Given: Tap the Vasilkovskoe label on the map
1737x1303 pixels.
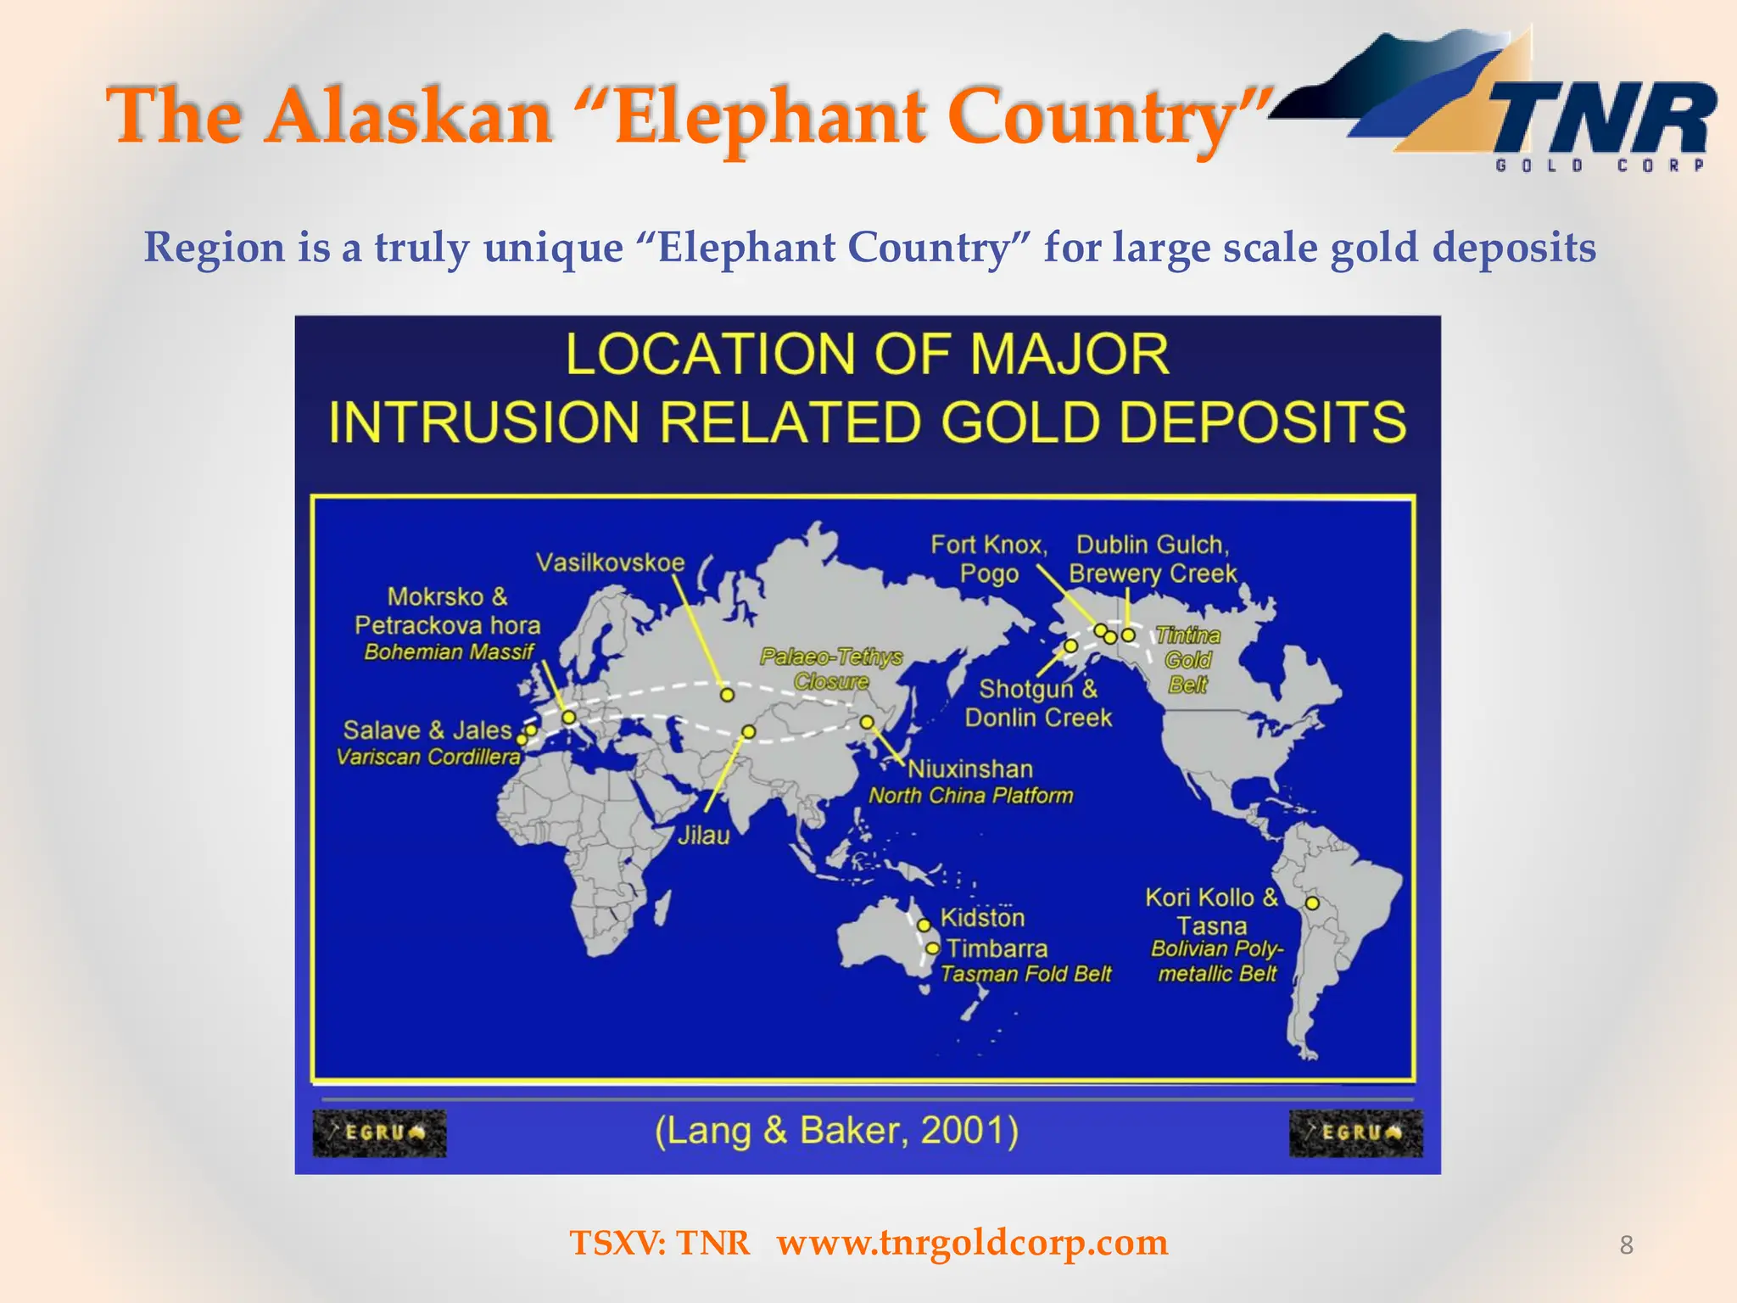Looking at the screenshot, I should tap(610, 562).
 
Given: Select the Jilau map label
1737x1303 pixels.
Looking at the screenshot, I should tap(703, 836).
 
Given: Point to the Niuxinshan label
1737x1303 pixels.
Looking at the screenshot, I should tap(970, 769).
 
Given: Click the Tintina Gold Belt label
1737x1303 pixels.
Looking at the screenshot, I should tap(1187, 660).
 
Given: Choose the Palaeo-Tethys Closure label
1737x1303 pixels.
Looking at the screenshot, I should tap(831, 668).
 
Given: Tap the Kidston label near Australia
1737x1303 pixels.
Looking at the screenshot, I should tap(982, 917).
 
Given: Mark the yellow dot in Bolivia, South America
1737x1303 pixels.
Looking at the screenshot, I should tap(1312, 903).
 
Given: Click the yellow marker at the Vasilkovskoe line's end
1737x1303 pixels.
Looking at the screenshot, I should tap(727, 694).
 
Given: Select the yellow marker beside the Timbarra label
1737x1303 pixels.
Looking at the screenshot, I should tap(932, 948).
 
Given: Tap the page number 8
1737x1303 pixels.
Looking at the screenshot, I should tap(1626, 1244).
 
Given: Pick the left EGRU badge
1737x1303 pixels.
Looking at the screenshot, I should tap(379, 1132).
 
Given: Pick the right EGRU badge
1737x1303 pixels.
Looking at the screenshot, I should tap(1355, 1132).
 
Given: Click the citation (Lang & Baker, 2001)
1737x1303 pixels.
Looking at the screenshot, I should tap(836, 1130).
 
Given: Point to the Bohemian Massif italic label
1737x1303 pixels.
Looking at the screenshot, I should tap(449, 651).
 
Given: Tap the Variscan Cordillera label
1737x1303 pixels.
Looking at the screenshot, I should tap(428, 757).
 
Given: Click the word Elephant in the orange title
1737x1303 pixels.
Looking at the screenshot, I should tap(770, 117).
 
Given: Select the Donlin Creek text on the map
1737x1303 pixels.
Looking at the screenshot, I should tap(1038, 718).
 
